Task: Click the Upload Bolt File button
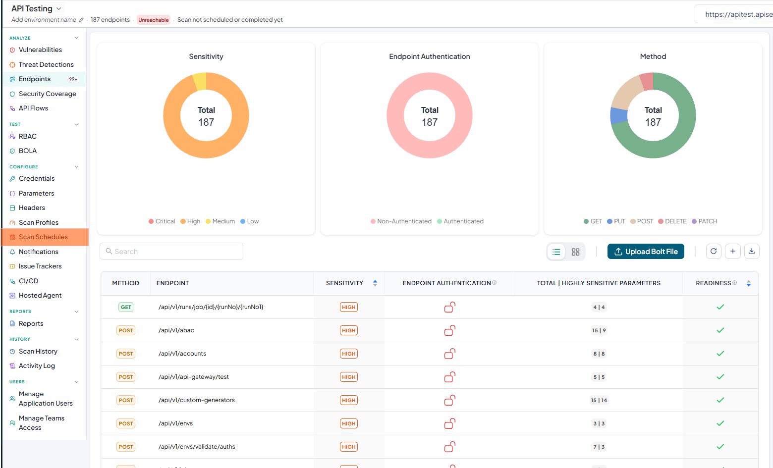(645, 252)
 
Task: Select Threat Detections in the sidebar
(46, 64)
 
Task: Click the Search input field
(171, 251)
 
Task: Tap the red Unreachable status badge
(154, 20)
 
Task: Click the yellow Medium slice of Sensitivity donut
(200, 81)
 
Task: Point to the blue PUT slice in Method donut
(618, 115)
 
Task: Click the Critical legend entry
(162, 221)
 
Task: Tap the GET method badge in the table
(126, 307)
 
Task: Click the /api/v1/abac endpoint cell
(176, 330)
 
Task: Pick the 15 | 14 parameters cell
(599, 400)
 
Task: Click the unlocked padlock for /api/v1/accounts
(449, 354)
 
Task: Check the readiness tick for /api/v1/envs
(720, 423)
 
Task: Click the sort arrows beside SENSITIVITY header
(375, 283)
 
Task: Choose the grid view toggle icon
(576, 252)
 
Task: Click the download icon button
(752, 252)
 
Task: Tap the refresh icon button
(714, 252)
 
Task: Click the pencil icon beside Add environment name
(81, 20)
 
